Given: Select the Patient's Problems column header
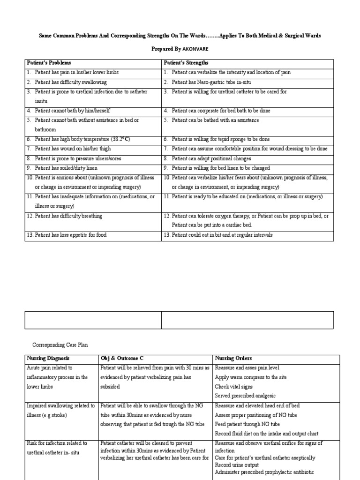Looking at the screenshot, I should click(49, 63).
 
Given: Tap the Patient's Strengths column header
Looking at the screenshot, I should click(186, 63).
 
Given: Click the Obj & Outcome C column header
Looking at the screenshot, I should click(122, 358).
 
